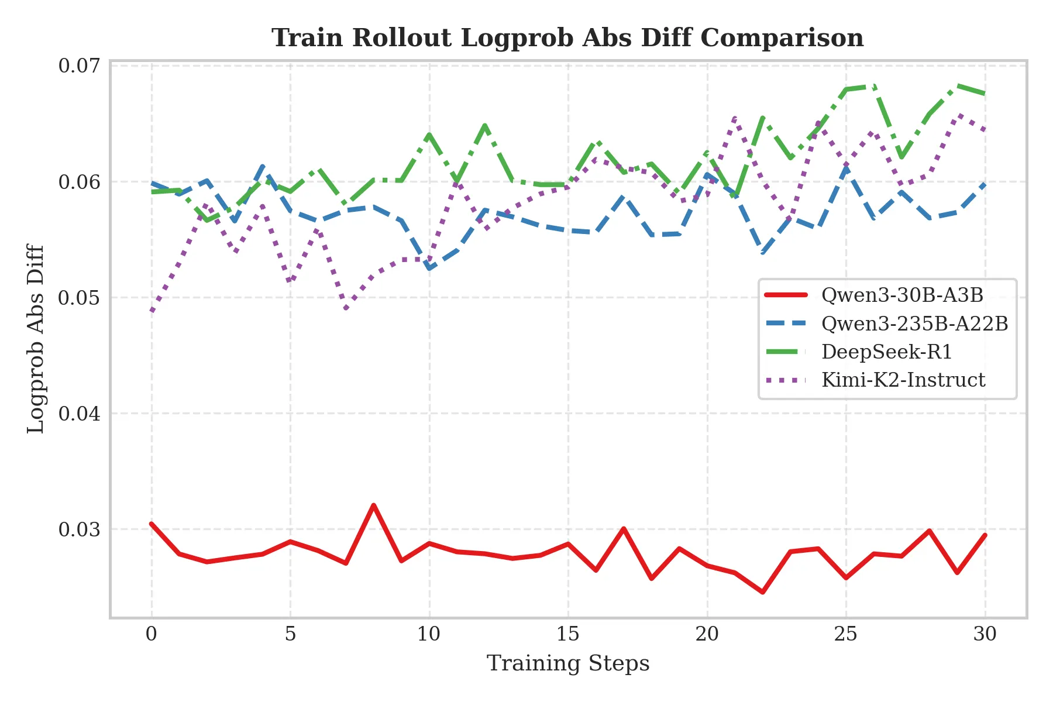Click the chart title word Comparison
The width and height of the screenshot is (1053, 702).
(782, 39)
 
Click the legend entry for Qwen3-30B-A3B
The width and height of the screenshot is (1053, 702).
(901, 295)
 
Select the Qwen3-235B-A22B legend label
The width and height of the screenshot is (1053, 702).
(914, 324)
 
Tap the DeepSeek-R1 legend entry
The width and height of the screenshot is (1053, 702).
(886, 352)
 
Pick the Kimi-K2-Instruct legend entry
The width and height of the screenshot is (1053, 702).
(903, 380)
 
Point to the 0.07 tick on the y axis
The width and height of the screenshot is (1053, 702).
(80, 66)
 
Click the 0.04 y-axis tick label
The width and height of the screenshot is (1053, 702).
(80, 414)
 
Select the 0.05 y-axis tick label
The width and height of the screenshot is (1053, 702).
(80, 298)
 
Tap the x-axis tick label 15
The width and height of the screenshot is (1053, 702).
(567, 634)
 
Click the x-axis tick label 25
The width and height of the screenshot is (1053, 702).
(845, 634)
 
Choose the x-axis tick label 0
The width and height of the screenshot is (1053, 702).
(152, 634)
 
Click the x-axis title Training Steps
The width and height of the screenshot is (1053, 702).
(568, 664)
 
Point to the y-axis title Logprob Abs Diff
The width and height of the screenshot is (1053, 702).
(36, 339)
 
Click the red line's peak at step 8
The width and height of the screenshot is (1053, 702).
(373, 505)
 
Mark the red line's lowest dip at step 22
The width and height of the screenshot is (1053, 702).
(762, 593)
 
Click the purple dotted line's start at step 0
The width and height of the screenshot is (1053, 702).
(152, 311)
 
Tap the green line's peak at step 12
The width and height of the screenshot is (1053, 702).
(485, 125)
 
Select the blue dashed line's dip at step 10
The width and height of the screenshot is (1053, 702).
(430, 269)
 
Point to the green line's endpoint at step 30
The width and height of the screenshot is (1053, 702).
(985, 94)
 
